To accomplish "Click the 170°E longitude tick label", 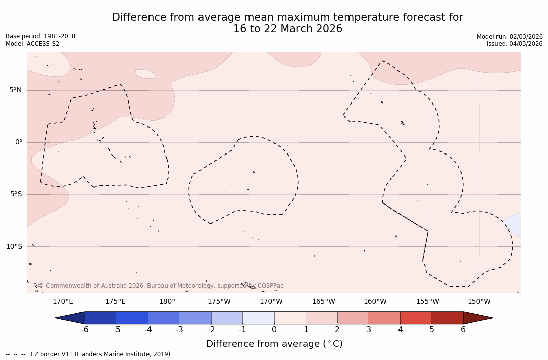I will tap(63, 302).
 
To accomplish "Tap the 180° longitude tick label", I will tap(167, 302).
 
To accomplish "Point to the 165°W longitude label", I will tap(323, 302).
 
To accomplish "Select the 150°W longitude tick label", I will tap(479, 302).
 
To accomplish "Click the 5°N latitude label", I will tap(15, 90).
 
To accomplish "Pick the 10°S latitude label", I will tap(14, 247).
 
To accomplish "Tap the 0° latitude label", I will tap(18, 142).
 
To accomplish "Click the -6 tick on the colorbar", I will tap(85, 330).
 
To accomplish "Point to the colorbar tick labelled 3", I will tap(369, 330).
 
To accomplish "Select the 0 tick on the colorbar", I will tap(274, 330).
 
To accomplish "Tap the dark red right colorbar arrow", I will tap(477, 318).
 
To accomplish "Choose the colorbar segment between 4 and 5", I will tap(416, 318).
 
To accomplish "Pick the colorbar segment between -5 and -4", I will tap(132, 318).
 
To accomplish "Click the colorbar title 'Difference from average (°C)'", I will tap(274, 344).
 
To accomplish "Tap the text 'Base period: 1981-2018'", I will tap(40, 36).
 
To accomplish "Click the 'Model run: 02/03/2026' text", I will tap(510, 37).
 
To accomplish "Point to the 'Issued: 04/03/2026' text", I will tap(515, 44).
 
